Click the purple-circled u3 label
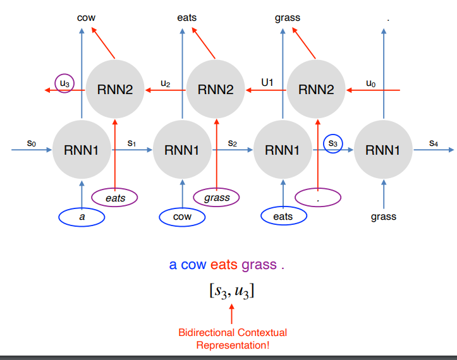[x=64, y=83]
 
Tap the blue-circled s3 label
[x=333, y=144]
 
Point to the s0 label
[x=32, y=143]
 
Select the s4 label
[x=433, y=143]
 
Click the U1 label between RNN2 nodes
[x=267, y=83]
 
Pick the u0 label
[x=371, y=83]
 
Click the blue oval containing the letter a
[x=82, y=217]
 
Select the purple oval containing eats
[x=116, y=198]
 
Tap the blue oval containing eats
[x=283, y=217]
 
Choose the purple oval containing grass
[x=217, y=198]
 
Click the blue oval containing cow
[x=182, y=217]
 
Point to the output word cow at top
[x=86, y=18]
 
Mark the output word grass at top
[x=288, y=18]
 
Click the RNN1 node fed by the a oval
[x=82, y=150]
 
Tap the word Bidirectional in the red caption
[x=205, y=332]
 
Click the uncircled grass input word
[x=384, y=217]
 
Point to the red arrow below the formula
[x=231, y=313]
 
